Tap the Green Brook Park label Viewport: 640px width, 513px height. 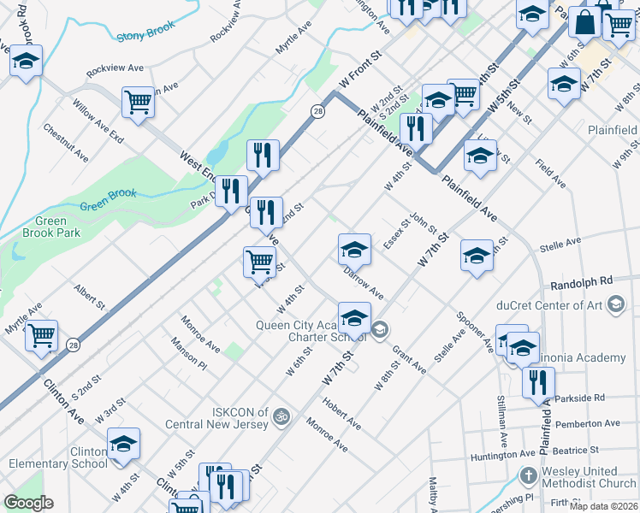50,227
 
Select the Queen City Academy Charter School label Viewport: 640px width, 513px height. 312,330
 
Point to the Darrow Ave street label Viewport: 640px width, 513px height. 363,284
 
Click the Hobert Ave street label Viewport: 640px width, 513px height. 341,413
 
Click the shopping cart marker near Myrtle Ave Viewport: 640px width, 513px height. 41,335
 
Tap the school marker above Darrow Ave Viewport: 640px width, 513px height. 354,250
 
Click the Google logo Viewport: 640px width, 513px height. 27,502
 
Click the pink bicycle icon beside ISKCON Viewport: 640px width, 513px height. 282,417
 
